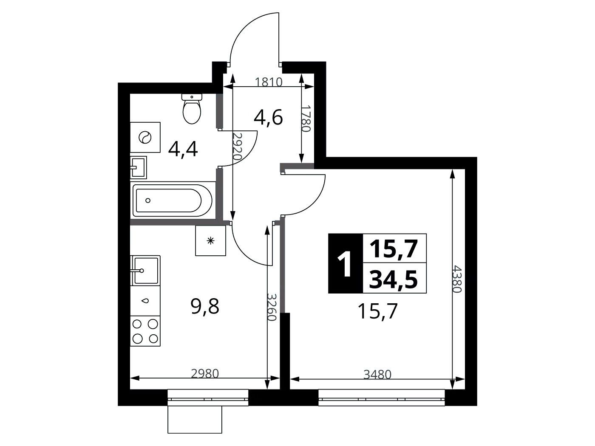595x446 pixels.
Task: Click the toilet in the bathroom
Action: [192, 109]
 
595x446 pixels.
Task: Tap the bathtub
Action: [173, 200]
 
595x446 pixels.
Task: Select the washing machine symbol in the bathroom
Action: [145, 137]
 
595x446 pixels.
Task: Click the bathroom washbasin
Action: [139, 167]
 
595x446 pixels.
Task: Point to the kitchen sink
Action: [145, 270]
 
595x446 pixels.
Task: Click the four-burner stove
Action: [145, 331]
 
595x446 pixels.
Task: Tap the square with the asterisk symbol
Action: [211, 241]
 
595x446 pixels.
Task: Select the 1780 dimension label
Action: [306, 119]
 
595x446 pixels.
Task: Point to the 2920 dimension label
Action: [237, 147]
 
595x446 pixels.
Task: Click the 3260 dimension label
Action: [272, 308]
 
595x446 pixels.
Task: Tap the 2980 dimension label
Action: [205, 374]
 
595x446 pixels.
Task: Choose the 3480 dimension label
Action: [377, 375]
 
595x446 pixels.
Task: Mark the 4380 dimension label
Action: [457, 279]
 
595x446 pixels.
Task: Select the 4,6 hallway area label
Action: [268, 117]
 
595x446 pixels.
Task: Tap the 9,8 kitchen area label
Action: [205, 307]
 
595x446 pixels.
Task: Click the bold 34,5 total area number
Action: [393, 279]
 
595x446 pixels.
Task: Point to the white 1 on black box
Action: [346, 263]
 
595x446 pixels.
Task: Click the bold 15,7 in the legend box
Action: [393, 249]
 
